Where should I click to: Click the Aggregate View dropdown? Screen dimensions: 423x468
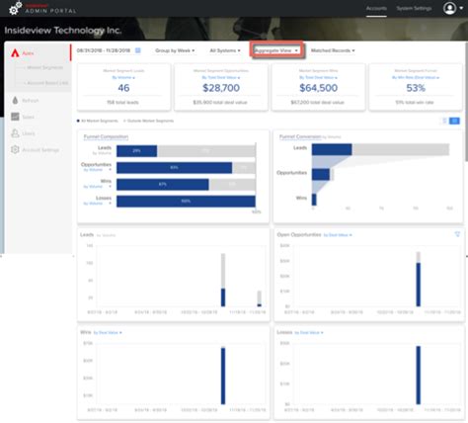275,49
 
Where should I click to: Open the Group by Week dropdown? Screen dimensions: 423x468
176,49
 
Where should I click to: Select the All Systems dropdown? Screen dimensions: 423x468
224,49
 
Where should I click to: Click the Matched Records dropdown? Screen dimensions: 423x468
333,49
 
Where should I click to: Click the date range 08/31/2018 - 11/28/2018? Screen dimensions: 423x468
104,49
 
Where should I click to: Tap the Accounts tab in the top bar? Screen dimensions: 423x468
375,7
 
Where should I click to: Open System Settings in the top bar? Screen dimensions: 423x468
413,7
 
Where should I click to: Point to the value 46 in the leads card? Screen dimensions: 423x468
123,87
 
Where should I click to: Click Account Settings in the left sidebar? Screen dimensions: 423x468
40,149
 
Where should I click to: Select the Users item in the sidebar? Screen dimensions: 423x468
29,132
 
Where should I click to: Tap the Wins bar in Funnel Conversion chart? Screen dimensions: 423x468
314,199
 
